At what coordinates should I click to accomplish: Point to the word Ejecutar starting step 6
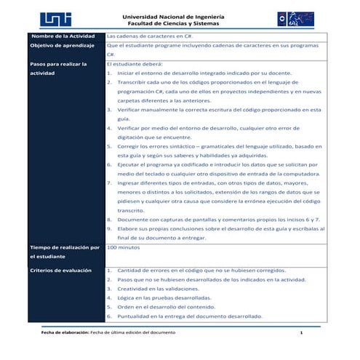point(129,166)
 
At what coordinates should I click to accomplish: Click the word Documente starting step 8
point(132,218)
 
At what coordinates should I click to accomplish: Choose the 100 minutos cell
point(123,248)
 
